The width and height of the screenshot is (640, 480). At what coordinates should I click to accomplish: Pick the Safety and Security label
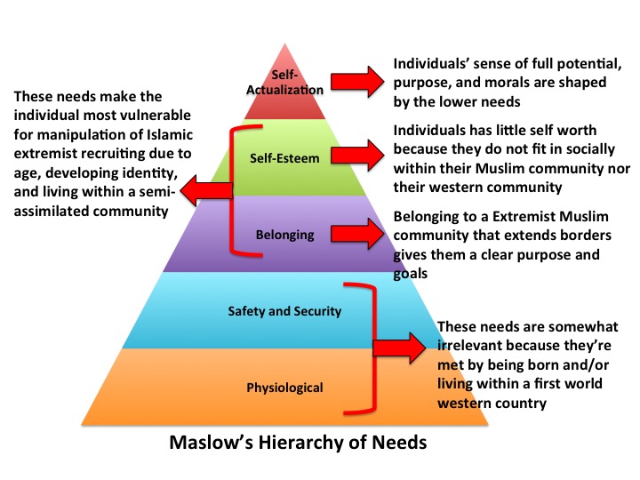click(284, 311)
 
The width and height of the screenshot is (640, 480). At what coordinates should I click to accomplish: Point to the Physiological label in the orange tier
click(284, 387)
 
